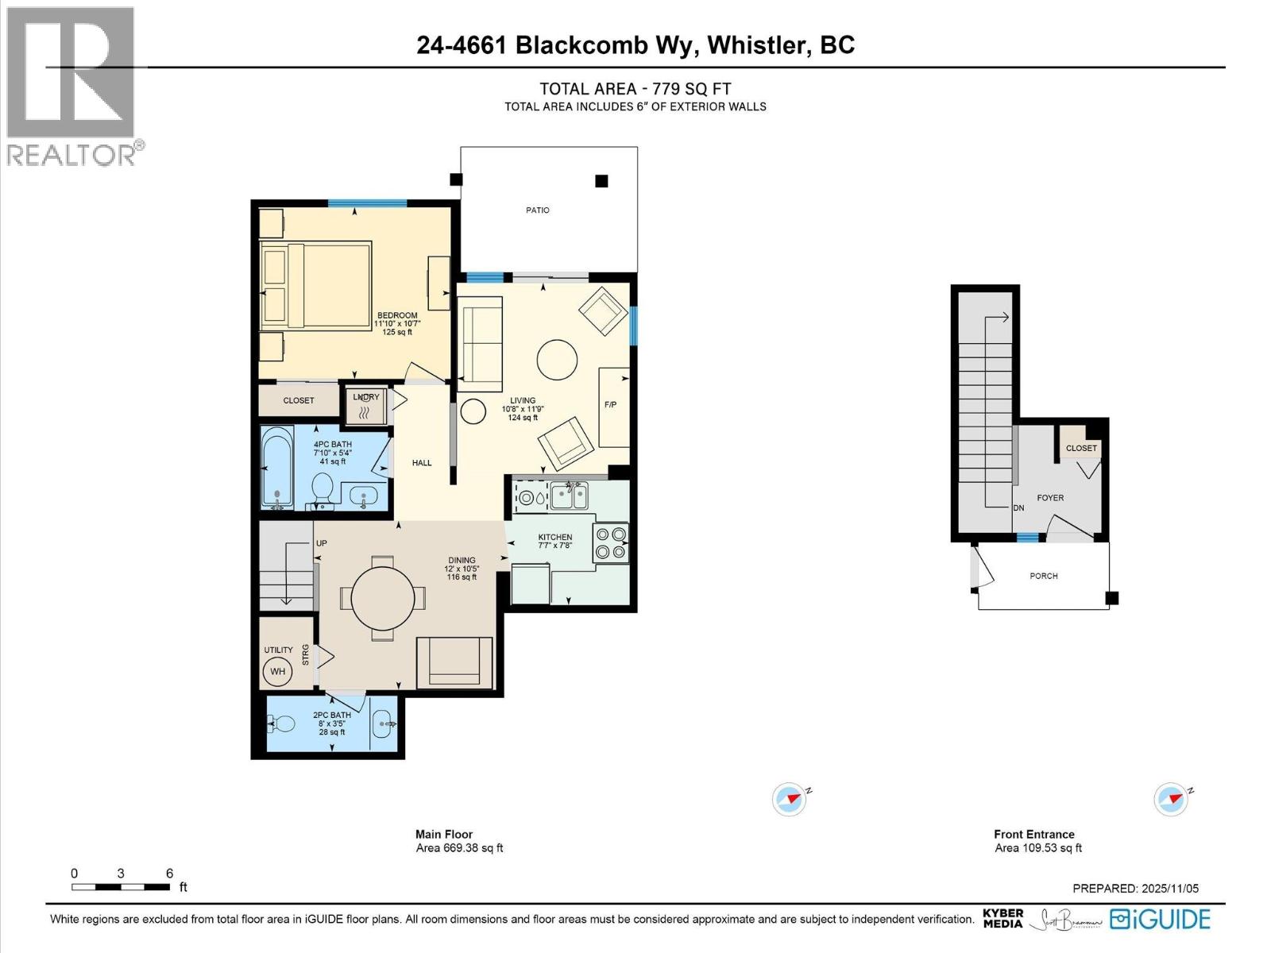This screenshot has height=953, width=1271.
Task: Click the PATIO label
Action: click(537, 210)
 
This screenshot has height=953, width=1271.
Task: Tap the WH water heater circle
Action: click(277, 672)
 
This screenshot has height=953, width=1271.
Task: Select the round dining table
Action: click(383, 597)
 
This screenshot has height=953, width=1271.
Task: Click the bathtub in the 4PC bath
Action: click(277, 468)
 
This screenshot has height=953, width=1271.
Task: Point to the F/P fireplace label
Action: click(610, 405)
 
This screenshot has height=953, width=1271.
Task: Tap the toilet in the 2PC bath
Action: click(282, 723)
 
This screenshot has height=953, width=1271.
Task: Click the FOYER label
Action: click(1049, 498)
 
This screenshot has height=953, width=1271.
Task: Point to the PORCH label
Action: click(1043, 576)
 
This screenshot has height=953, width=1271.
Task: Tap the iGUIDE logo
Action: click(1161, 920)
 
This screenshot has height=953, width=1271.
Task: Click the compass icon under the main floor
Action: click(790, 799)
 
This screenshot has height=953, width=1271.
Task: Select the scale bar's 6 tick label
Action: click(169, 874)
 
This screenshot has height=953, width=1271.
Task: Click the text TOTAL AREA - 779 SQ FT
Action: click(635, 89)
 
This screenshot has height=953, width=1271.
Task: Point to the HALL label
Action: click(422, 463)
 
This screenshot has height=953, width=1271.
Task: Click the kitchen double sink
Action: click(570, 497)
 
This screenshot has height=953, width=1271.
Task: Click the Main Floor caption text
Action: click(443, 834)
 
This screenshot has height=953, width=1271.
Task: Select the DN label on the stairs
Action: click(1018, 508)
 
